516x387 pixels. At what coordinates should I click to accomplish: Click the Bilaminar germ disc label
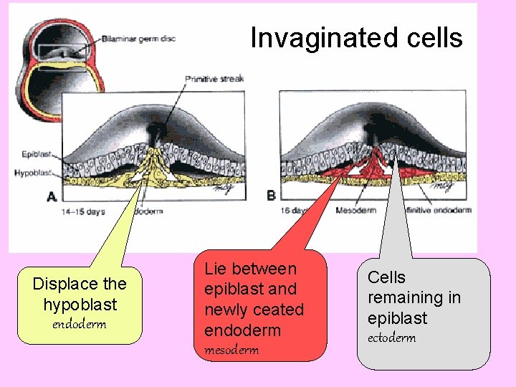click(138, 38)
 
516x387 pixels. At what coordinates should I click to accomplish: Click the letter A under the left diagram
click(51, 196)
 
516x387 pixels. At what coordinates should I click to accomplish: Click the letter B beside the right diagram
click(272, 195)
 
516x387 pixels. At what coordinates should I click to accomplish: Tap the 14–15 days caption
click(84, 211)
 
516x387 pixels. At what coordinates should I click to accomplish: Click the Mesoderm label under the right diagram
click(355, 211)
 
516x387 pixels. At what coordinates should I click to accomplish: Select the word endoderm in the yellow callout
click(80, 324)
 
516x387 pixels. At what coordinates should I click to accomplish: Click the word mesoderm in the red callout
click(231, 350)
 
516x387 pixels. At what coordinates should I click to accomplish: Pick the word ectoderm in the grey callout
click(391, 338)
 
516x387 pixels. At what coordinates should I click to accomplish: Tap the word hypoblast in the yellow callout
click(80, 304)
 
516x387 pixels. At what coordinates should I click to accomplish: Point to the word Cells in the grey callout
click(386, 277)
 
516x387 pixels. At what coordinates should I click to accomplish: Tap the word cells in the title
click(434, 37)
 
